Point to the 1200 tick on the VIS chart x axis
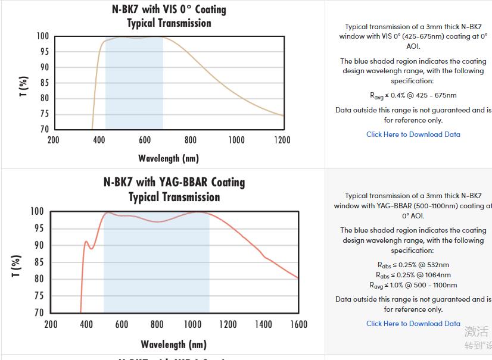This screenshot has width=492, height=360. click(x=282, y=140)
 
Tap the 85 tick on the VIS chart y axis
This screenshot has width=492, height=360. click(x=43, y=83)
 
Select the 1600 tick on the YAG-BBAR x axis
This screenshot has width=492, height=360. click(x=298, y=324)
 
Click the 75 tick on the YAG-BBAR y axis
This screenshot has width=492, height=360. click(x=38, y=296)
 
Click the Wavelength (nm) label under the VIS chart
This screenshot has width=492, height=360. click(x=169, y=158)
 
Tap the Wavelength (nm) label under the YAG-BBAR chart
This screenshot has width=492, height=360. click(x=173, y=345)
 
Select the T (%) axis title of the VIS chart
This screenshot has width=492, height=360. click(x=23, y=86)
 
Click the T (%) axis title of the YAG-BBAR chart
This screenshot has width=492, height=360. click(x=17, y=265)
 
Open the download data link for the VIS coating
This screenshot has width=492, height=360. click(x=413, y=134)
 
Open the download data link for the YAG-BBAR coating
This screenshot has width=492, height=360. click(x=413, y=324)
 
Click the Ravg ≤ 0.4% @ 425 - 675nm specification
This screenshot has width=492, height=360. click(x=413, y=95)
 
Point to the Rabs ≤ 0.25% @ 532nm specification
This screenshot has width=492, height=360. click(x=413, y=265)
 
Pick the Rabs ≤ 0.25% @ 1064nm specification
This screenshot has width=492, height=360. click(x=413, y=275)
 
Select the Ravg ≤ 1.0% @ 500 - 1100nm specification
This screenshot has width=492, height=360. click(x=413, y=285)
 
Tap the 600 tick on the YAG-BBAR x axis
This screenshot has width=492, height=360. click(x=122, y=324)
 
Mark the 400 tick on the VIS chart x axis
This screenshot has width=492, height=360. click(x=99, y=140)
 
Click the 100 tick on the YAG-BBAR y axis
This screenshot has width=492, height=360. click(x=36, y=211)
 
